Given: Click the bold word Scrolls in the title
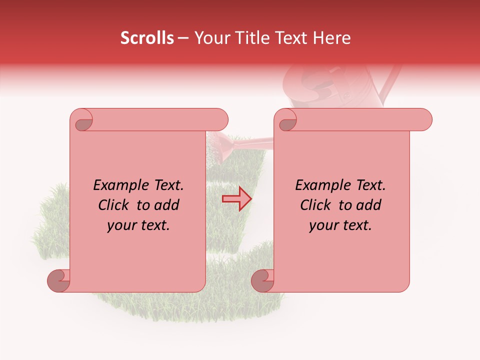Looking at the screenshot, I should [x=147, y=38].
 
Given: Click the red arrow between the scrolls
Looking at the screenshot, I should [x=237, y=199].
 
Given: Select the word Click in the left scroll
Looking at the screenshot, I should [x=115, y=205].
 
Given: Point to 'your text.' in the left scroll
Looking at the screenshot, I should [x=138, y=225].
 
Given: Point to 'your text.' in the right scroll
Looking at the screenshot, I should [x=340, y=225].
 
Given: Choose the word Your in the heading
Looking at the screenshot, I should [x=211, y=38].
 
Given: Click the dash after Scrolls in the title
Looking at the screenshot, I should [x=183, y=38].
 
